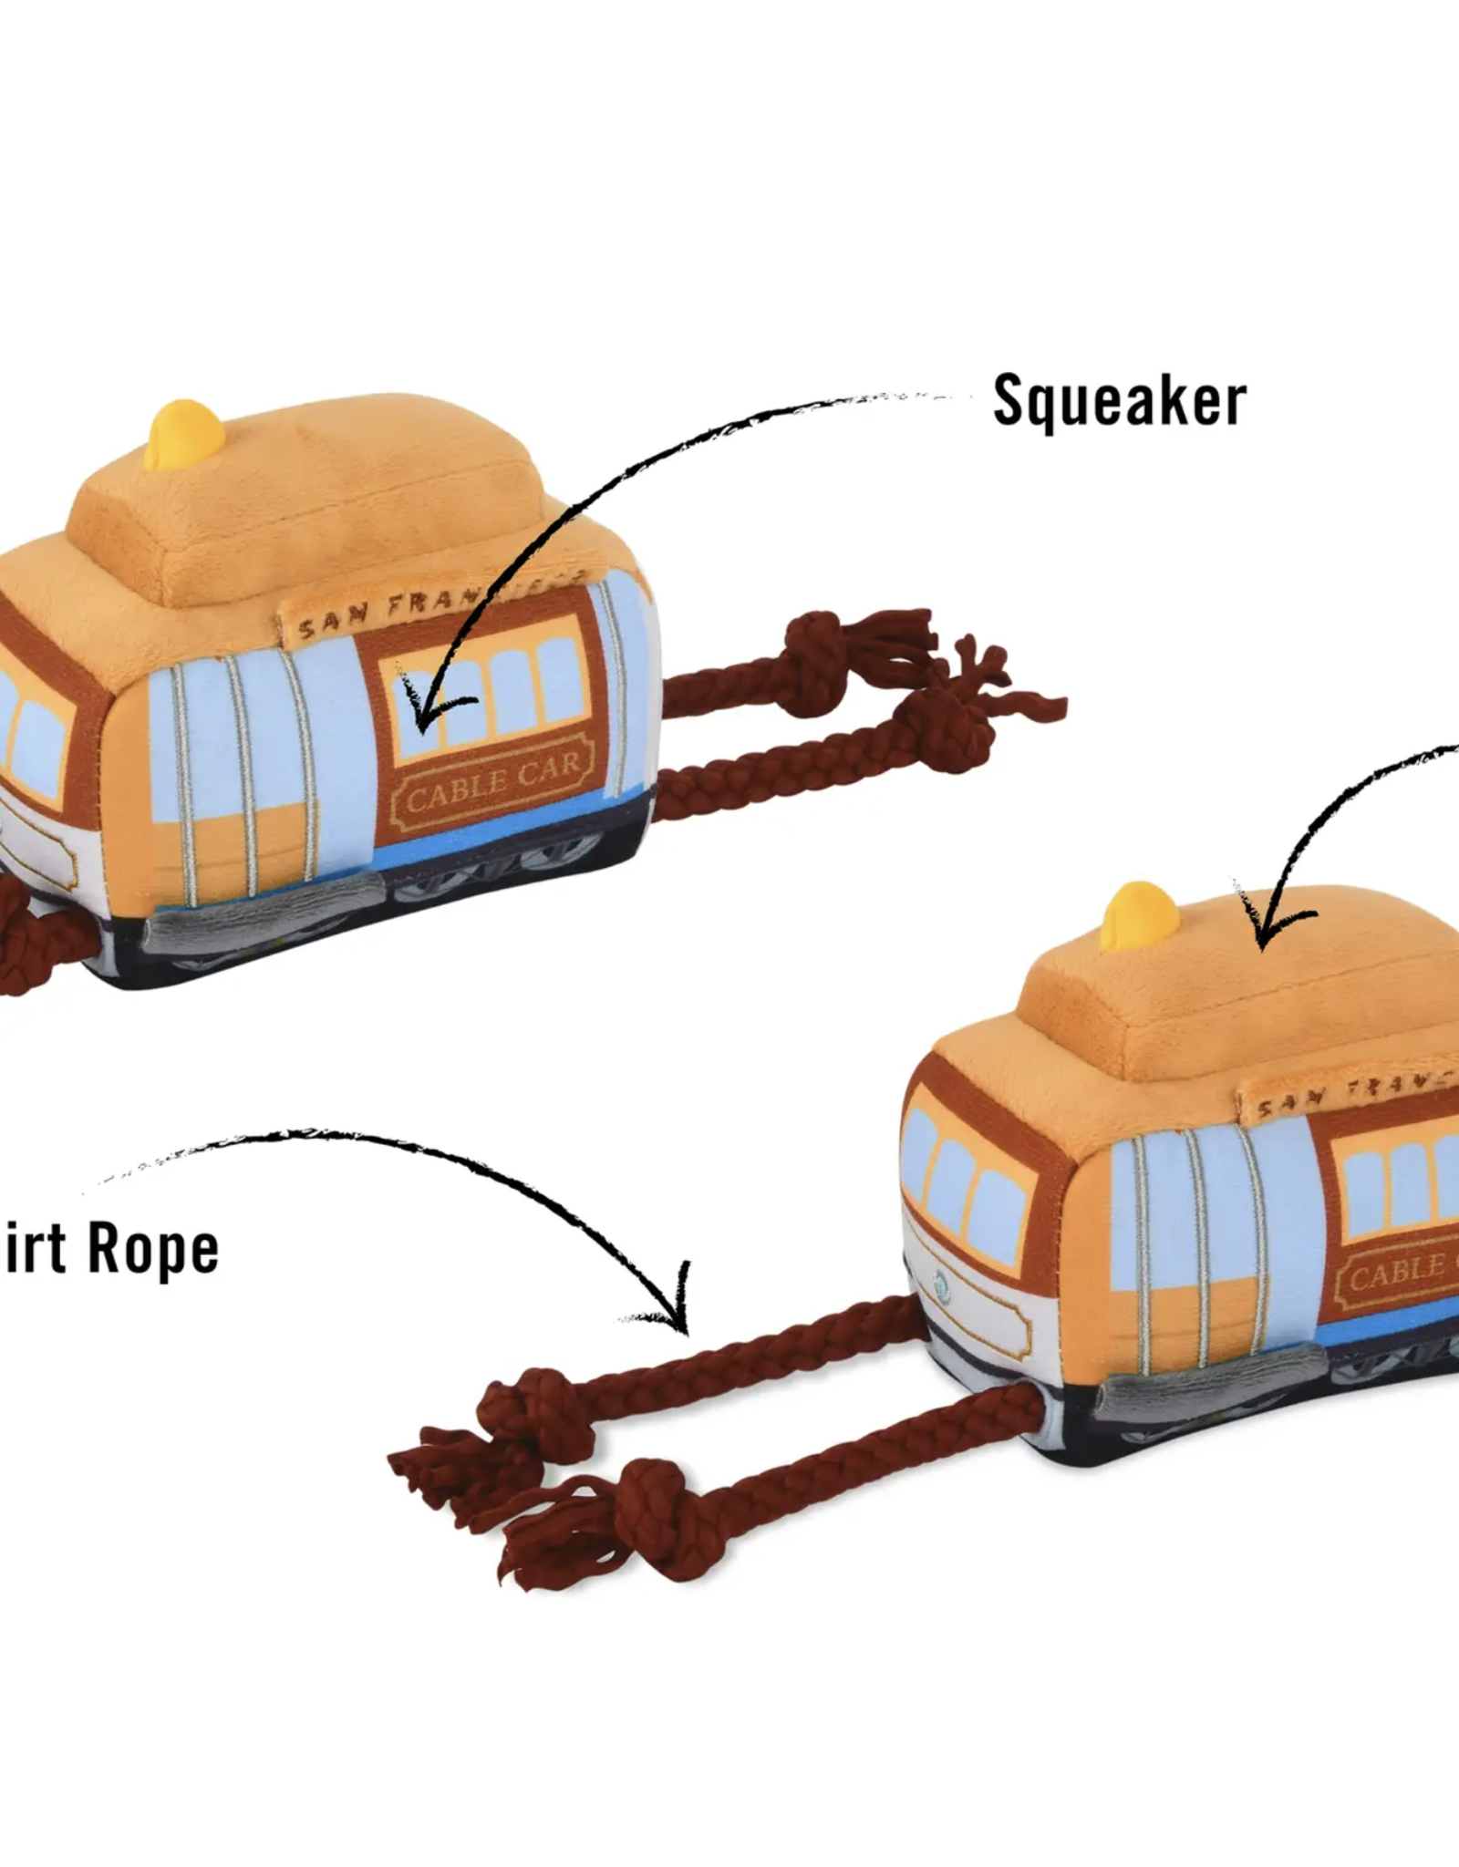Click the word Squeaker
coord(1119,401)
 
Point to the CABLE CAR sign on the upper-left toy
coord(492,781)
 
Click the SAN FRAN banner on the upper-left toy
coord(438,614)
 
